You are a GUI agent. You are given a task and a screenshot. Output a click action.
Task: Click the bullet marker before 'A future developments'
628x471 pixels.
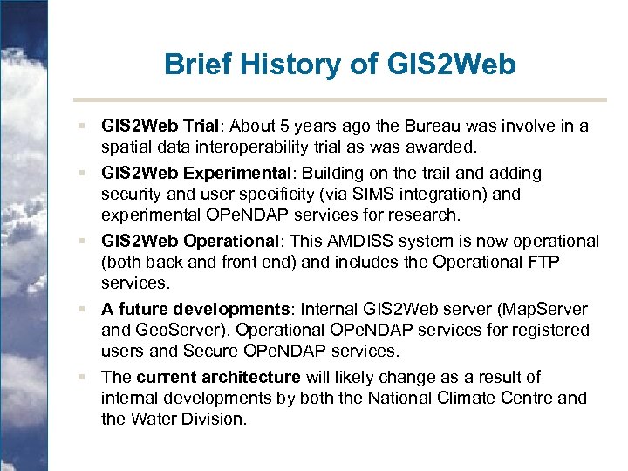click(x=81, y=310)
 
